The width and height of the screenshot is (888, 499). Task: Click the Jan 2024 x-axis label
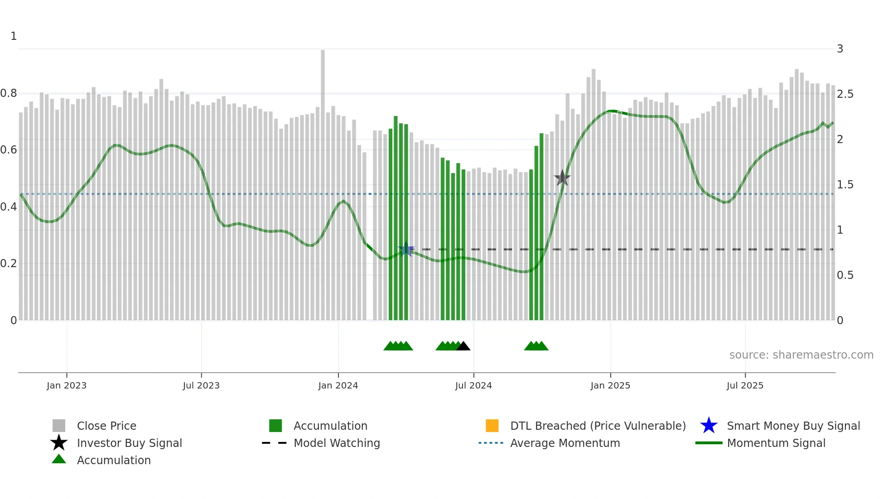point(338,385)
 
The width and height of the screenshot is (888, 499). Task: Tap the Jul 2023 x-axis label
point(201,385)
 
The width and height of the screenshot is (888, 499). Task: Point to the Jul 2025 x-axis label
point(745,385)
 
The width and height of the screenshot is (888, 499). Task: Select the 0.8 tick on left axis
point(9,93)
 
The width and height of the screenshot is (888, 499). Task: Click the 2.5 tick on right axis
point(845,94)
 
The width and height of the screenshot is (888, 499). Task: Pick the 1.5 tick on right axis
point(845,185)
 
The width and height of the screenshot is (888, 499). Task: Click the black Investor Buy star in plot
point(562,178)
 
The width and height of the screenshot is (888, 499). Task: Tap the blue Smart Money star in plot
point(406,249)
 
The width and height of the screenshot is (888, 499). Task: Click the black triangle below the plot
point(463,346)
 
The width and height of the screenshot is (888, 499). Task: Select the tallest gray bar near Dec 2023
point(323,136)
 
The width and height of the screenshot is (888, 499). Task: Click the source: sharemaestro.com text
point(801,355)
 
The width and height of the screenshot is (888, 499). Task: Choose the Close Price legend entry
point(106,426)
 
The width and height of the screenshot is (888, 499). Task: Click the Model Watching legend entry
point(337,443)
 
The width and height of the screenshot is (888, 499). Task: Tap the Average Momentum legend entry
point(565,443)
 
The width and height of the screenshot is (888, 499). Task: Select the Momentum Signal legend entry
point(776,443)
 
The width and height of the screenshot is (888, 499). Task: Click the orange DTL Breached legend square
point(492,426)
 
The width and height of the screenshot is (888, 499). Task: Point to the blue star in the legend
point(709,426)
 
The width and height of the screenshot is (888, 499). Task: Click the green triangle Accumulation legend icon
point(59,460)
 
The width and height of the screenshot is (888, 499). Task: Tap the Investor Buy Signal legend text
point(129,443)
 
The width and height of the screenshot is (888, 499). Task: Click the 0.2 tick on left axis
point(9,264)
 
